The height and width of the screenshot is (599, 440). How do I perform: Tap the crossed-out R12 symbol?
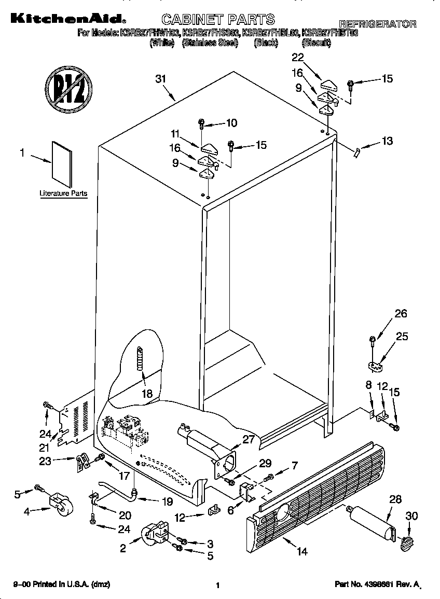click(x=67, y=86)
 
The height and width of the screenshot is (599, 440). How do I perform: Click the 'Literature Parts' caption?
click(x=63, y=193)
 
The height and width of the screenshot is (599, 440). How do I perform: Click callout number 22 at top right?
click(x=298, y=58)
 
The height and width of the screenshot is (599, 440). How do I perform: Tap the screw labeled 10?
click(x=202, y=123)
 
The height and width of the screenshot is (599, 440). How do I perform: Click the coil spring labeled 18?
click(x=139, y=358)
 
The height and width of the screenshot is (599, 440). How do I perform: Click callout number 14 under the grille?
click(x=302, y=551)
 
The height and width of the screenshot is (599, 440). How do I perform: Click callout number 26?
click(x=401, y=313)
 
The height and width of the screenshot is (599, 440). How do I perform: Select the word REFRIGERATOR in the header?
click(x=377, y=24)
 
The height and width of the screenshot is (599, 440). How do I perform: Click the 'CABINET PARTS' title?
click(x=217, y=20)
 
